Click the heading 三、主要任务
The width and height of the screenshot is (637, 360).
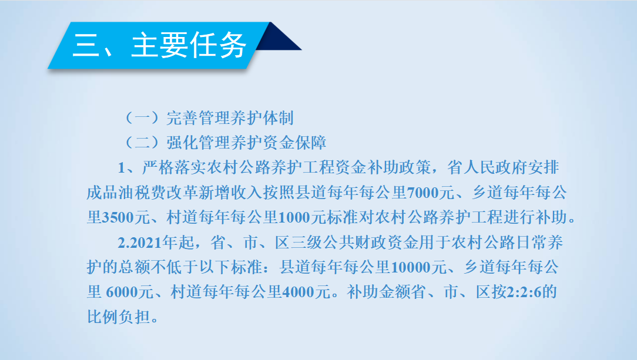pos(159,45)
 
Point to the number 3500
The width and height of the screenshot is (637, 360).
pos(118,217)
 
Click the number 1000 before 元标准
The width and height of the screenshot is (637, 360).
pos(294,217)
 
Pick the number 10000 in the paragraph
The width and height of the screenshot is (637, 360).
pos(411,267)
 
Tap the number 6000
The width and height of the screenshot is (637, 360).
pos(122,292)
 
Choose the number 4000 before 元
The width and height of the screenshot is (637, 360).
pos(298,292)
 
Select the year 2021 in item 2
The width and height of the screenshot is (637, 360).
pos(146,243)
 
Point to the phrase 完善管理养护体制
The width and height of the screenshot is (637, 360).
pos(230,118)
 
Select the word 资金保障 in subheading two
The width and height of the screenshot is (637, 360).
pos(294,143)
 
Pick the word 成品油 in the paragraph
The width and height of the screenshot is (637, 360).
pos(110,193)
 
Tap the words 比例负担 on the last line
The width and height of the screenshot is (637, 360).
pos(119,317)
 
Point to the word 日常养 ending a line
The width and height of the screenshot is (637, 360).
pos(539,243)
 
